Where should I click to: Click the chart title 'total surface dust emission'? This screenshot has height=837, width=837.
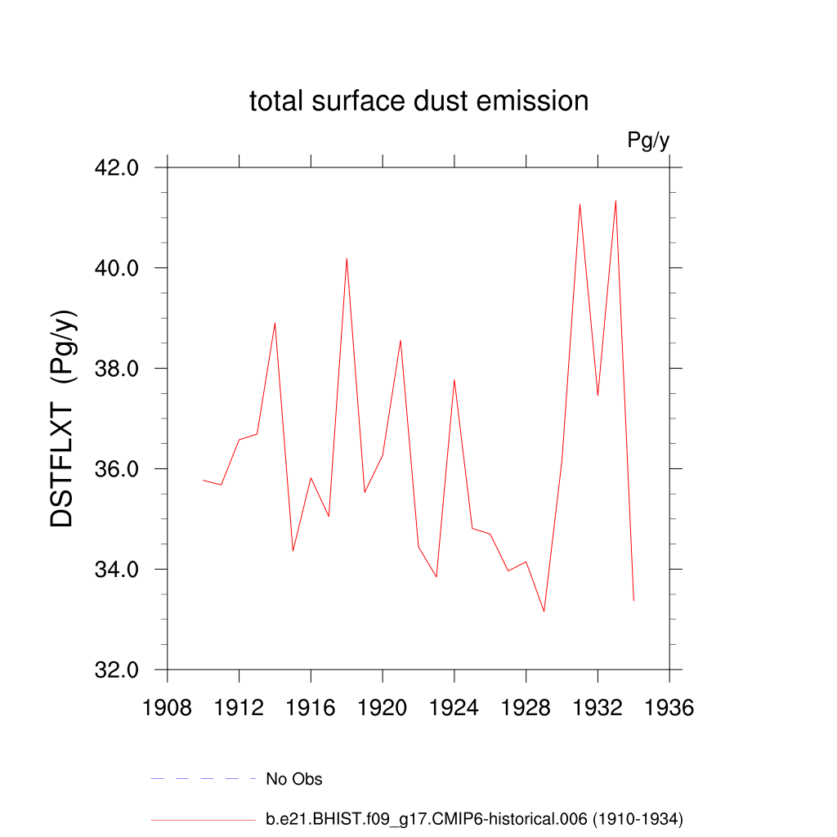click(418, 101)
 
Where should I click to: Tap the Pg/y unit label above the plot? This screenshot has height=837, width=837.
click(648, 141)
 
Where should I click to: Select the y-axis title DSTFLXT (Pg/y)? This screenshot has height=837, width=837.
click(63, 418)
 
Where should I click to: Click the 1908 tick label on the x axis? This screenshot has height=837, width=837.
click(168, 708)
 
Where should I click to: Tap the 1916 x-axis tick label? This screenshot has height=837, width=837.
click(311, 708)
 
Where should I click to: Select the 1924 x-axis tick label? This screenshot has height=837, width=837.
click(454, 708)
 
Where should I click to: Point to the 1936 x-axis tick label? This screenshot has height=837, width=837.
click(669, 708)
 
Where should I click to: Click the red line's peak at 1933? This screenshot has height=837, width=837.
click(615, 200)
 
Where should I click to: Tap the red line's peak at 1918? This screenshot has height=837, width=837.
click(347, 258)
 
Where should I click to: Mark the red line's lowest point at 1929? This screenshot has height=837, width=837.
click(544, 611)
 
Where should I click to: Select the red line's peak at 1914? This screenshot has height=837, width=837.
click(275, 322)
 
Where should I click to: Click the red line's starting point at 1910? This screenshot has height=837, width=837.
click(204, 480)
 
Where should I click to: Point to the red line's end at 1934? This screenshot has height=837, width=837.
click(633, 601)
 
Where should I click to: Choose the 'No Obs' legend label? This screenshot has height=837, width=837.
click(294, 779)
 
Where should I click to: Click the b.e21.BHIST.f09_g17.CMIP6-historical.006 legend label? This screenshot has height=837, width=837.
click(474, 818)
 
